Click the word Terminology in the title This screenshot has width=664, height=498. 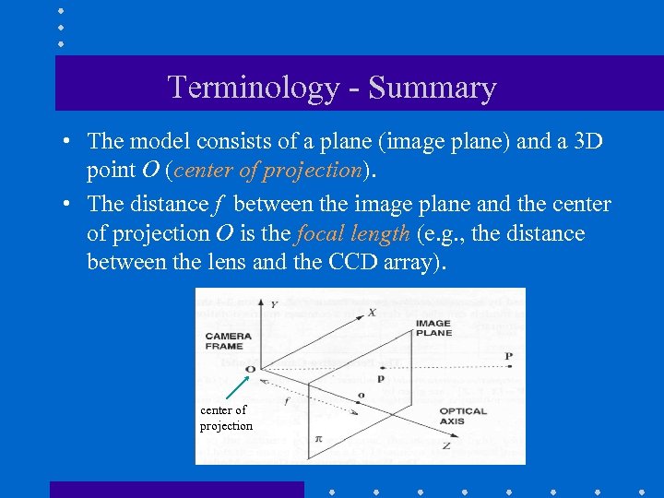[x=255, y=88]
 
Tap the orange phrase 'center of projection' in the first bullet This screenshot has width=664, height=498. [x=267, y=170]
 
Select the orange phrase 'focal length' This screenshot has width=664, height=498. [x=352, y=233]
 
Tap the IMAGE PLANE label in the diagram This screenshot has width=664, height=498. [x=433, y=327]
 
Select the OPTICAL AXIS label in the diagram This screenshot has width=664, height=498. [x=463, y=416]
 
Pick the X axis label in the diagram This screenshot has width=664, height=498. [x=371, y=312]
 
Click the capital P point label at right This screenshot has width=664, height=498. [x=508, y=356]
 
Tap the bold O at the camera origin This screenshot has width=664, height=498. [x=250, y=368]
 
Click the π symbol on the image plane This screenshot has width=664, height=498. [x=318, y=439]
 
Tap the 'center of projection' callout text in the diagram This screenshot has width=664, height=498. [x=225, y=418]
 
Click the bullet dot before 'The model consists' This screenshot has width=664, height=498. [x=68, y=142]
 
